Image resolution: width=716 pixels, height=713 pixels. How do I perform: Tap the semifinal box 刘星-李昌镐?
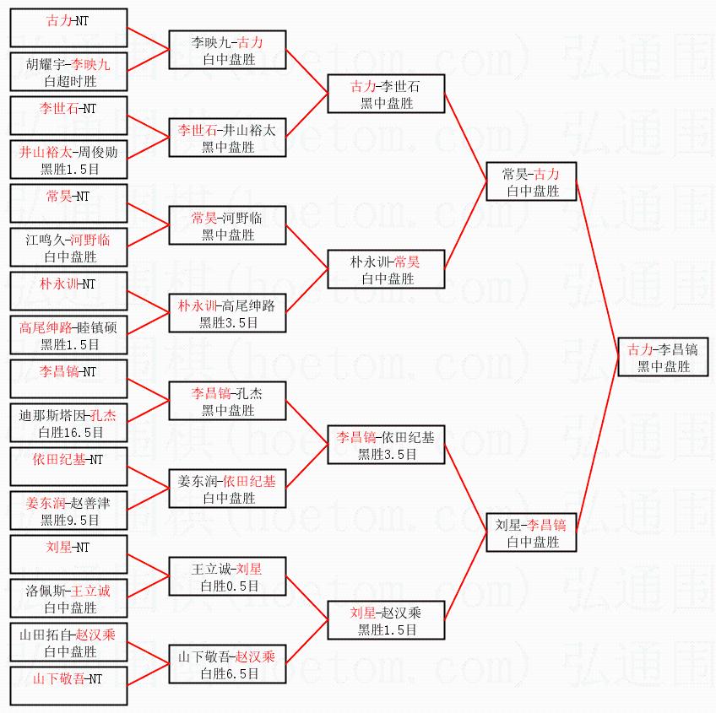pos(531,532)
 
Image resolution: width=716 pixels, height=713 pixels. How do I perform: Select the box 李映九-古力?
pos(228,51)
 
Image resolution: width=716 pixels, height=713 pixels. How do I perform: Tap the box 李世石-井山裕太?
pos(228,138)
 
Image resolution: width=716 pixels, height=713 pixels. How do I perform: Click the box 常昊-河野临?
pos(228,226)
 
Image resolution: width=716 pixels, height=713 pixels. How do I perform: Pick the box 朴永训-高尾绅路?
pos(228,313)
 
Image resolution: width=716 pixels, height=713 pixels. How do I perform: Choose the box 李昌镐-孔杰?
pos(228,401)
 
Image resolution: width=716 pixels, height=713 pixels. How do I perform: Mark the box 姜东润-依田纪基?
pos(228,489)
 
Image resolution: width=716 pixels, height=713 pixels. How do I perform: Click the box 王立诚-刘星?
pos(228,576)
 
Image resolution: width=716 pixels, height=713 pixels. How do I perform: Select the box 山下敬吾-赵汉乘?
pos(228,664)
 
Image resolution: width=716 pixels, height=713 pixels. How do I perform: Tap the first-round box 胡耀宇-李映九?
pos(68,73)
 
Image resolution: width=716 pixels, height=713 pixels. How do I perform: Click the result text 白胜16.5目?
pos(71,432)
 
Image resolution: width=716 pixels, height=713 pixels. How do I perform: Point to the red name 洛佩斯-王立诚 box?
pos(68,598)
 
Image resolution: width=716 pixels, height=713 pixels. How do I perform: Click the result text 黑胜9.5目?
pos(71,520)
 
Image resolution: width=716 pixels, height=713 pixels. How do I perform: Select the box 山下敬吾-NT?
pos(68,686)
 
